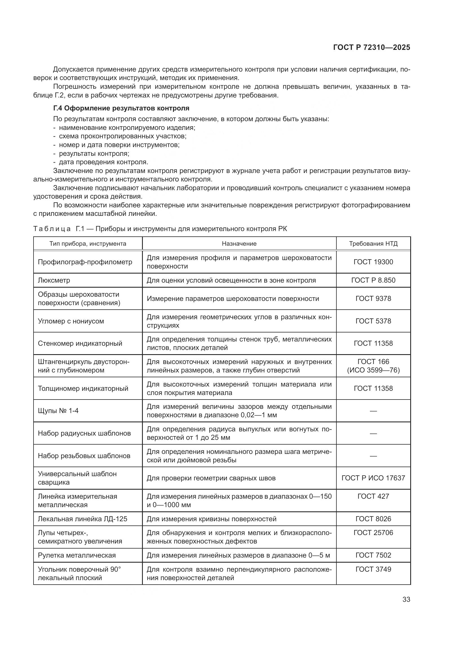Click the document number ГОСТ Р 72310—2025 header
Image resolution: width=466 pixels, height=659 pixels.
(x=372, y=48)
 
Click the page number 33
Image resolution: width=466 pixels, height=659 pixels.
(x=406, y=599)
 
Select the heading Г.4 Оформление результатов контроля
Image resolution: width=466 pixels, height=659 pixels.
(x=121, y=108)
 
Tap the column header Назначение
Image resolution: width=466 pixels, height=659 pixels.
(x=239, y=244)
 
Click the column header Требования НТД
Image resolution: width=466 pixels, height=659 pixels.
(x=373, y=244)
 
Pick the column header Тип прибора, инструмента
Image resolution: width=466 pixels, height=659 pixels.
(x=88, y=244)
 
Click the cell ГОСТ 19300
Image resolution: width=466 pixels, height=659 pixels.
(x=373, y=262)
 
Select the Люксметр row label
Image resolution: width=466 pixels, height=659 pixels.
(x=54, y=280)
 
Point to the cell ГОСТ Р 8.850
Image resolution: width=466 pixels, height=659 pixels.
(x=373, y=280)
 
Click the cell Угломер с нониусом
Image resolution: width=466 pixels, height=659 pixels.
(x=71, y=321)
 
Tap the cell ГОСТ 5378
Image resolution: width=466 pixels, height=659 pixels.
(x=373, y=321)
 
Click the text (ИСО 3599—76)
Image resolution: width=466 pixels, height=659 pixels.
(x=373, y=370)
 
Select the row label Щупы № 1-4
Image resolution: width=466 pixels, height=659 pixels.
(x=58, y=411)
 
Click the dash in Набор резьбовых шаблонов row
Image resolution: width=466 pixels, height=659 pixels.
(x=373, y=456)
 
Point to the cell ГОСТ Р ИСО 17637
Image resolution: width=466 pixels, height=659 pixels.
(x=373, y=478)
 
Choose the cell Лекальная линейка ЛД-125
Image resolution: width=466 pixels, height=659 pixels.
(x=83, y=519)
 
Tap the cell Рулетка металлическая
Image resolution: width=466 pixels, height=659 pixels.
(x=77, y=555)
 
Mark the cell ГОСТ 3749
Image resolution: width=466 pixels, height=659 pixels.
(x=373, y=569)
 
